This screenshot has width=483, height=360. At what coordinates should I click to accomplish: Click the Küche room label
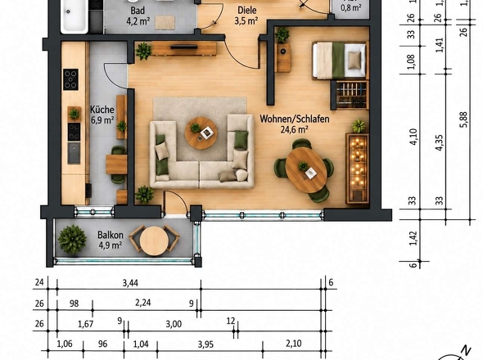(102, 110)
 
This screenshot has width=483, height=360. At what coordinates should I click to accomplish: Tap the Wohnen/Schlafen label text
(295, 119)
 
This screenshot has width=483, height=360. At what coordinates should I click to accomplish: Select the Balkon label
(111, 235)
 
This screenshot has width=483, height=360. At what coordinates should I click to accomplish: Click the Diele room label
(247, 10)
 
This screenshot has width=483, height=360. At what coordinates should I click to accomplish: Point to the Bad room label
(138, 10)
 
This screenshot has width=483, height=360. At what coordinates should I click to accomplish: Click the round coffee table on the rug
(201, 133)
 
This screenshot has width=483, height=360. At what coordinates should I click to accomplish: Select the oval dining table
(306, 170)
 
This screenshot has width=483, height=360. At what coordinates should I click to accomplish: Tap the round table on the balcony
(154, 241)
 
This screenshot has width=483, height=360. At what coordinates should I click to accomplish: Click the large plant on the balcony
(72, 240)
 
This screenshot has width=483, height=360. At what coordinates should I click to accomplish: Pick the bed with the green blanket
(340, 61)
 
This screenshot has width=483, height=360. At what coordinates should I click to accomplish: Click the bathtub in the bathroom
(74, 16)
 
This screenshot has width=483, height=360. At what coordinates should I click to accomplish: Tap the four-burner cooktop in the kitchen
(70, 79)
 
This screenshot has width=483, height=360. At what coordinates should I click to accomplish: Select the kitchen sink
(74, 153)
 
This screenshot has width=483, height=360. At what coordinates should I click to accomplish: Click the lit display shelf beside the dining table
(357, 169)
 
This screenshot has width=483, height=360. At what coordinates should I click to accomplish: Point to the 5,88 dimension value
(464, 119)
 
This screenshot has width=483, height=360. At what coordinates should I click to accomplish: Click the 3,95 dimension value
(205, 344)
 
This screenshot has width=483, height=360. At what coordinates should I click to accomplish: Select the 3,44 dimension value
(130, 283)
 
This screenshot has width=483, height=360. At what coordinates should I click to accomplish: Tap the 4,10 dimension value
(413, 137)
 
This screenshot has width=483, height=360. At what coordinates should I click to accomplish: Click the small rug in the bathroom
(165, 22)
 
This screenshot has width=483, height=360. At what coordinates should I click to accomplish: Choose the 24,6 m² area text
(295, 129)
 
